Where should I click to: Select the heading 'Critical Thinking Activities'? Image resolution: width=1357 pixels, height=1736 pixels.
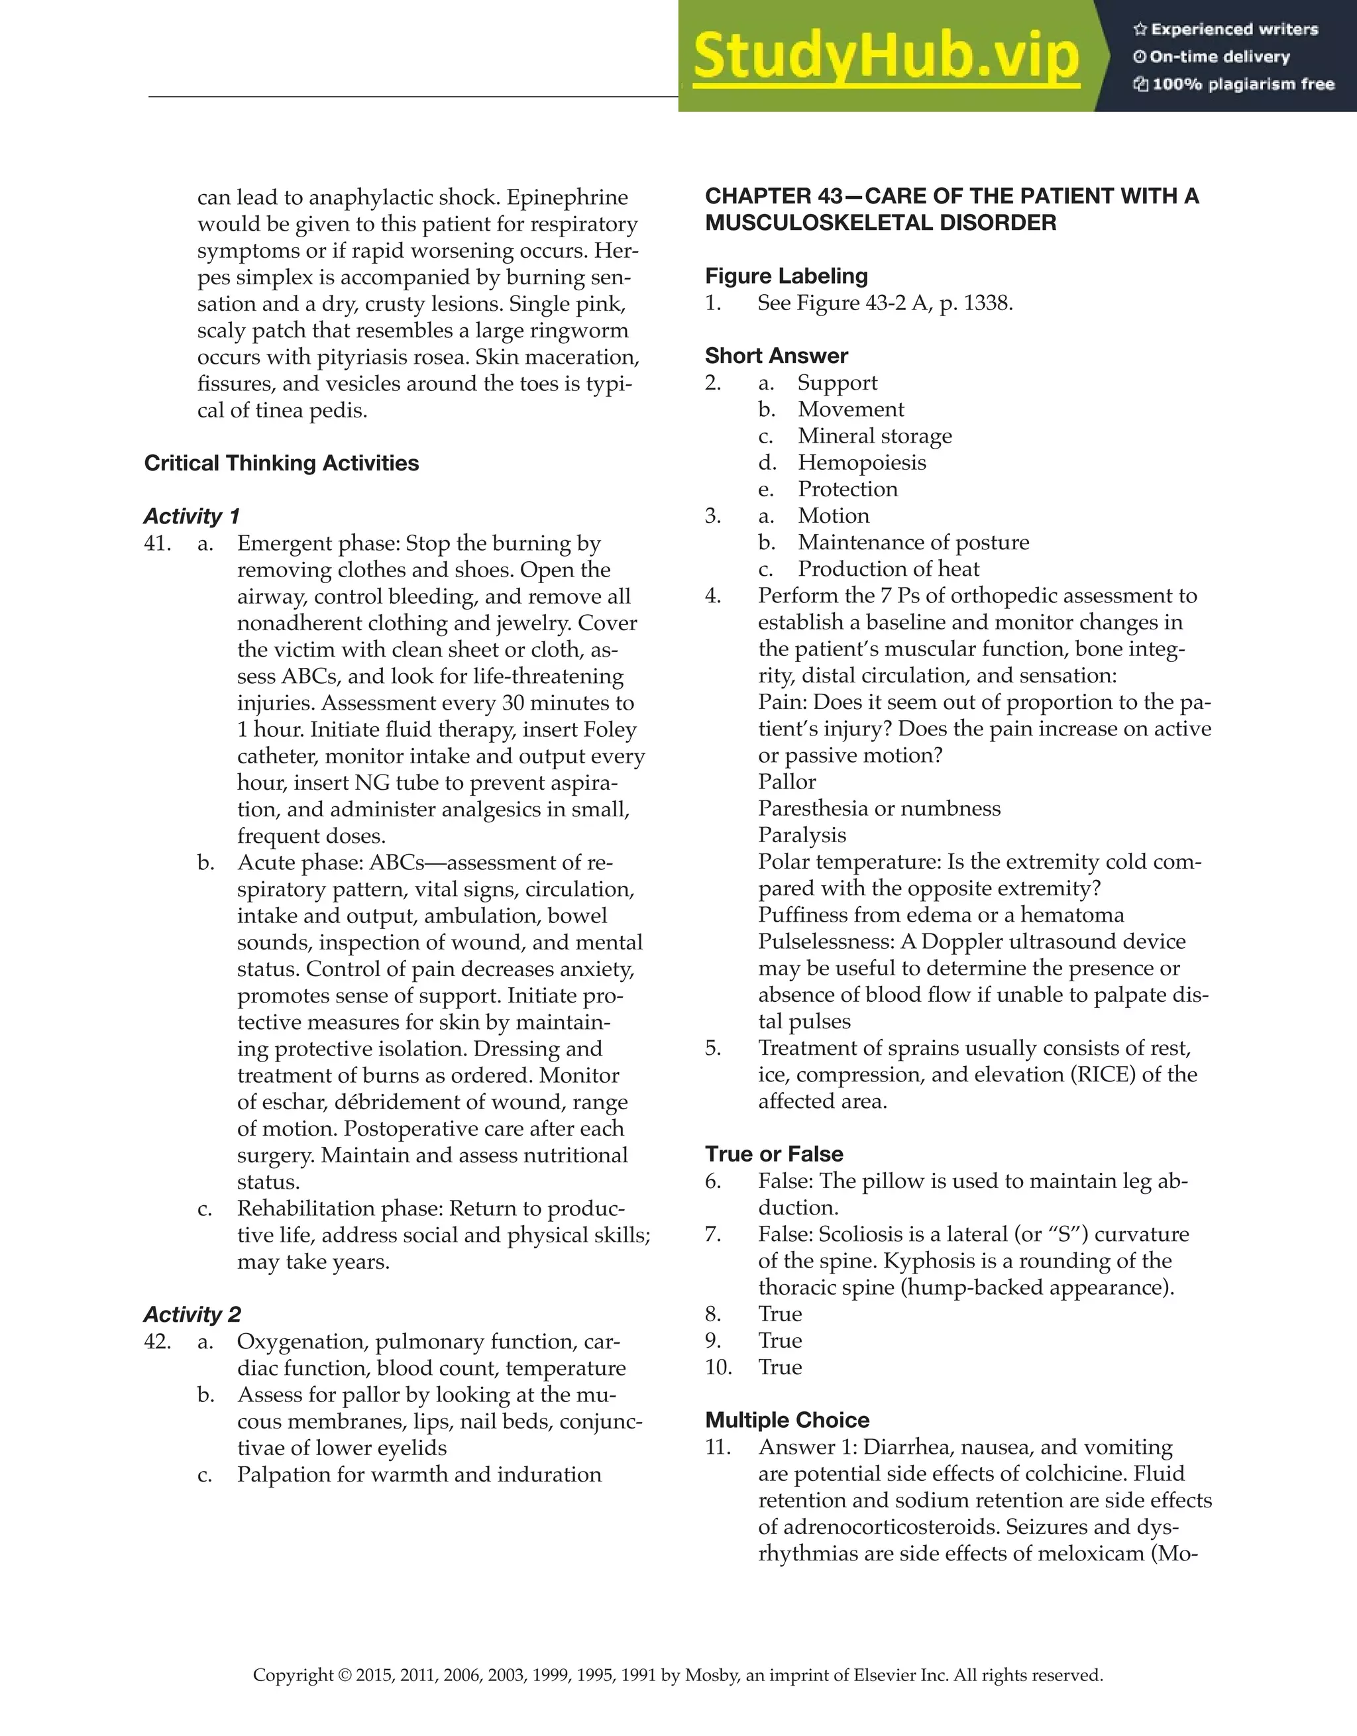coord(282,463)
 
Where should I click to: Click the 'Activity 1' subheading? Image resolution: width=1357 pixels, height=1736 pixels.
coord(191,517)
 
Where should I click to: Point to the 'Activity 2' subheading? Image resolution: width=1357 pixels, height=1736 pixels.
coord(191,1315)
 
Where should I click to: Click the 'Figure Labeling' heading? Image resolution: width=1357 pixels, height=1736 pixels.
coord(787,276)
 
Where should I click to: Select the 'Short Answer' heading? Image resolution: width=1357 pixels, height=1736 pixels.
coord(776,355)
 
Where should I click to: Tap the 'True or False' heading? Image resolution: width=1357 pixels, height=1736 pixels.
coord(773,1154)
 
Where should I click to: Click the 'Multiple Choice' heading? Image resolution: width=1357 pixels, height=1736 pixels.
coord(787,1420)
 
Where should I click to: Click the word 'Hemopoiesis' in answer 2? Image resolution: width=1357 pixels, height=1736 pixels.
coord(862,462)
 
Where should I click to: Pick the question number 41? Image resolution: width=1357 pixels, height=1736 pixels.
coord(158,544)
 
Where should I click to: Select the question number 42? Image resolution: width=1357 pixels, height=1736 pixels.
coord(158,1342)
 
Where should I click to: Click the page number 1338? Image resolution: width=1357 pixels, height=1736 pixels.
coord(987,303)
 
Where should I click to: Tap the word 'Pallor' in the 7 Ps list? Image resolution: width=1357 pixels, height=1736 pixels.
coord(787,782)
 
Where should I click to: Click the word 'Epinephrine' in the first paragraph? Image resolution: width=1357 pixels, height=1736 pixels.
coord(567,197)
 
